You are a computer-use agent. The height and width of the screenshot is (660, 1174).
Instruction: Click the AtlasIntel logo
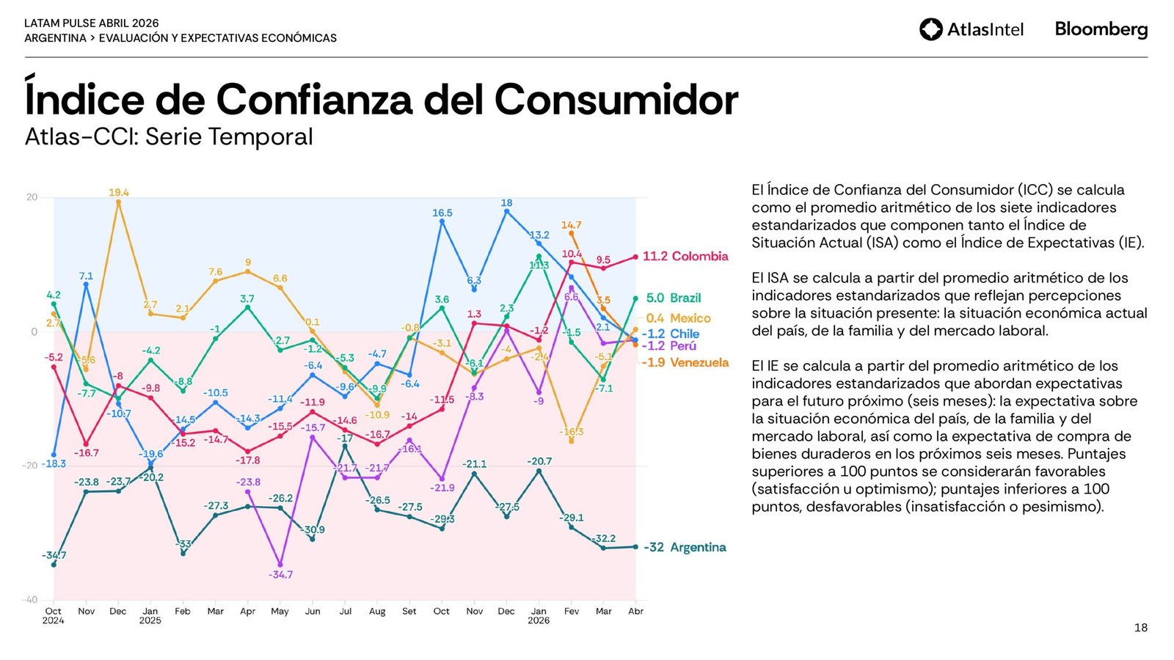tap(971, 29)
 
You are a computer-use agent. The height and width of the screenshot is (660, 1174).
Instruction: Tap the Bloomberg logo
tap(1101, 29)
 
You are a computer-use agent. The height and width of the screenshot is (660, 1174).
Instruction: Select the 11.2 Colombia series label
tap(685, 256)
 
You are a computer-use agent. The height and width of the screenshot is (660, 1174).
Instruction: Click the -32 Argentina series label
tap(685, 547)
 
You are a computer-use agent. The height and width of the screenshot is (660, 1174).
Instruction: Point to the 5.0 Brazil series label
tap(673, 298)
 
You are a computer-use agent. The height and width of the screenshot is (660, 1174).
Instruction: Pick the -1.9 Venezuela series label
tap(685, 362)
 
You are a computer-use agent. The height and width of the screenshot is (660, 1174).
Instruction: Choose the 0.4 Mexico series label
tap(678, 318)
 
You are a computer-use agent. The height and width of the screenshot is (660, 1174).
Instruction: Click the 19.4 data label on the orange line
tap(118, 192)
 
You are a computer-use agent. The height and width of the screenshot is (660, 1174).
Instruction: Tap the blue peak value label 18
tap(506, 203)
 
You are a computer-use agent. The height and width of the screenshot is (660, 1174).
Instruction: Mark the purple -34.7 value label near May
tap(280, 574)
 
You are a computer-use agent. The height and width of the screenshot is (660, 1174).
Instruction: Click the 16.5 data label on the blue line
tap(442, 213)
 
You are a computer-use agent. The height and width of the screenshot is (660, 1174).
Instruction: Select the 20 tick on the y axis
tap(32, 197)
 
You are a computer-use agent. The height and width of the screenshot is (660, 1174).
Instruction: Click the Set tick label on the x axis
tap(409, 611)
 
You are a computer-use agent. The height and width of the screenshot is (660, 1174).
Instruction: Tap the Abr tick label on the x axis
tap(635, 611)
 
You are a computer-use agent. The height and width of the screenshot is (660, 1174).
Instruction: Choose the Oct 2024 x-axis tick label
tap(53, 615)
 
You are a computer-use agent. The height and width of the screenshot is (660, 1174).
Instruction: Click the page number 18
tap(1140, 628)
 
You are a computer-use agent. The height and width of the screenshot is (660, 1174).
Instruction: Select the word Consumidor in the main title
tap(616, 99)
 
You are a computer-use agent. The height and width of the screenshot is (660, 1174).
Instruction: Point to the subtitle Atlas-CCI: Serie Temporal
tap(169, 136)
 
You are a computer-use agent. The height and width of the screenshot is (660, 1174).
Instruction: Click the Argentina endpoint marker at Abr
tap(635, 547)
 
